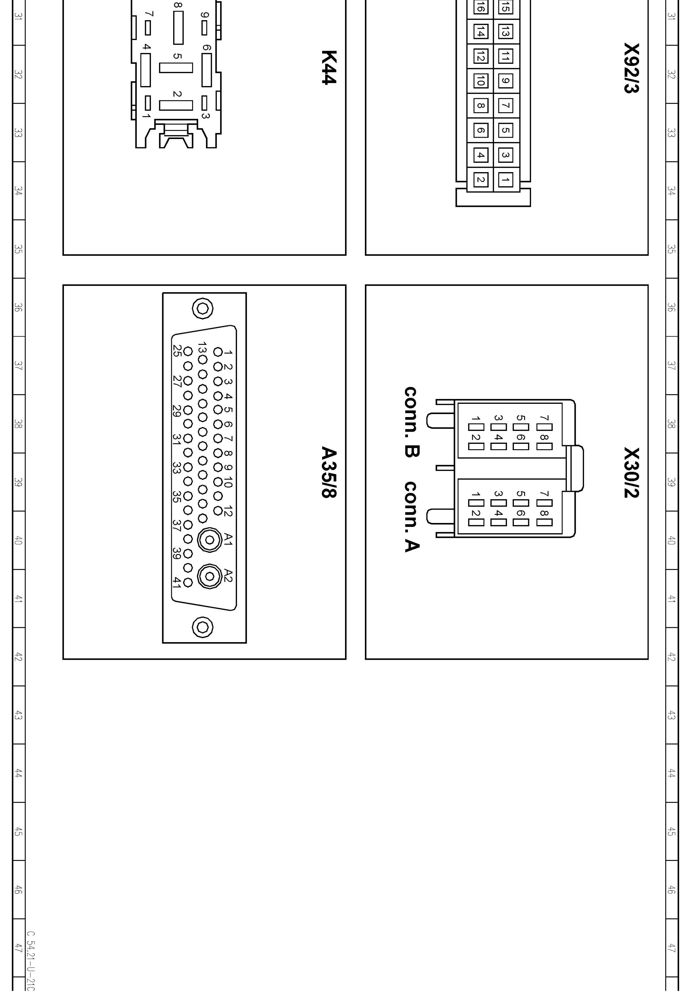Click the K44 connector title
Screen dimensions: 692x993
[329, 68]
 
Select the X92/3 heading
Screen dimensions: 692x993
[631, 68]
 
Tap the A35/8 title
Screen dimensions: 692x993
[329, 472]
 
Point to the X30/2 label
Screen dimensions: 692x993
[631, 473]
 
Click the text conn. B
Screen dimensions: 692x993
[411, 422]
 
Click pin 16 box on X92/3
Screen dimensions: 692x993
[480, 7]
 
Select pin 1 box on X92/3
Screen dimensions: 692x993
[506, 179]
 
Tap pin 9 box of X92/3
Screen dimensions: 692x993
[506, 81]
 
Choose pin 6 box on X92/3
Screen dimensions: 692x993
[480, 130]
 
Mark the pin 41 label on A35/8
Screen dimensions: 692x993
[176, 582]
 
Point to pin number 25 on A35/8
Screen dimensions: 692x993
[176, 350]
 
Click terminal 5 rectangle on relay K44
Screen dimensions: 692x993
[176, 68]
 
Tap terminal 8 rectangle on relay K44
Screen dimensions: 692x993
[178, 28]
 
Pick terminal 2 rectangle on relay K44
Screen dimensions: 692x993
[176, 105]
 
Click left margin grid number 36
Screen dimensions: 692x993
[18, 307]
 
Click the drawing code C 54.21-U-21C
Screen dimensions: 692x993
[31, 962]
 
